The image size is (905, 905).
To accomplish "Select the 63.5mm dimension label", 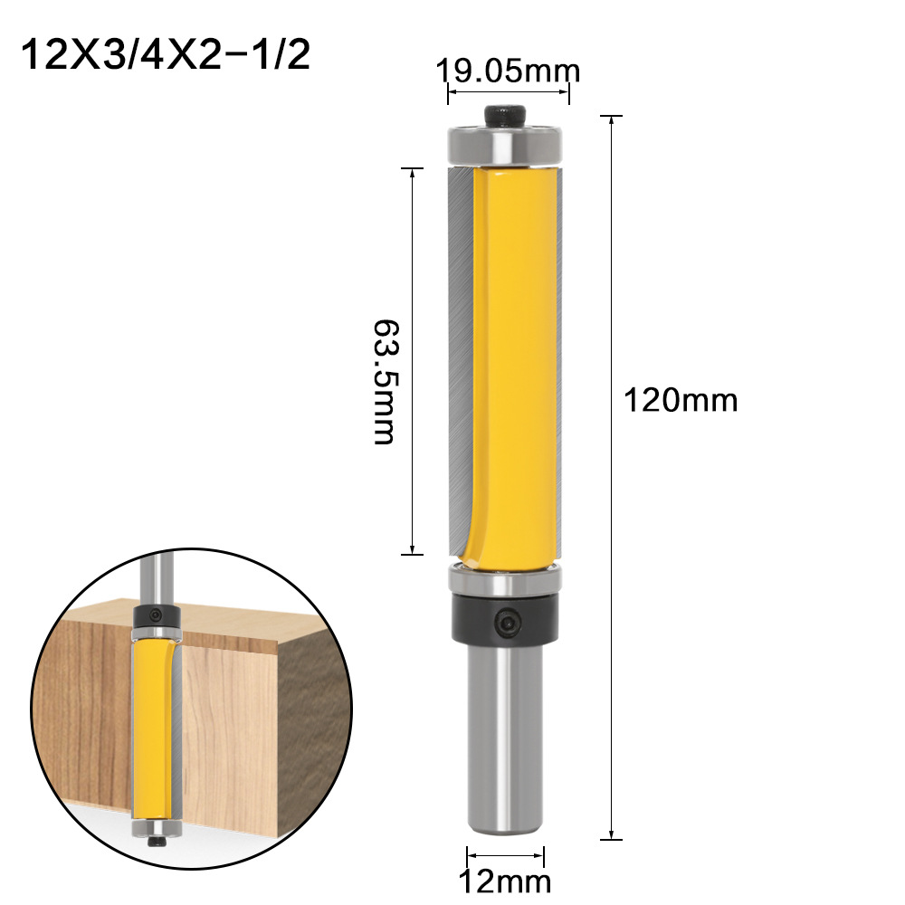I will click(385, 380).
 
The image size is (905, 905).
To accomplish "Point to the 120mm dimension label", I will click(680, 399).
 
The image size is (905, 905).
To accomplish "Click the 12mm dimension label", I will click(505, 881).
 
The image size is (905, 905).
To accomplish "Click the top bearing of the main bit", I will click(505, 145).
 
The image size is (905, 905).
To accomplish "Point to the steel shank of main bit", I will click(505, 724).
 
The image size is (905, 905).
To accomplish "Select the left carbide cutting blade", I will click(458, 362).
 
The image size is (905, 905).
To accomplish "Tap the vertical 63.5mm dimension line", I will click(413, 271).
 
